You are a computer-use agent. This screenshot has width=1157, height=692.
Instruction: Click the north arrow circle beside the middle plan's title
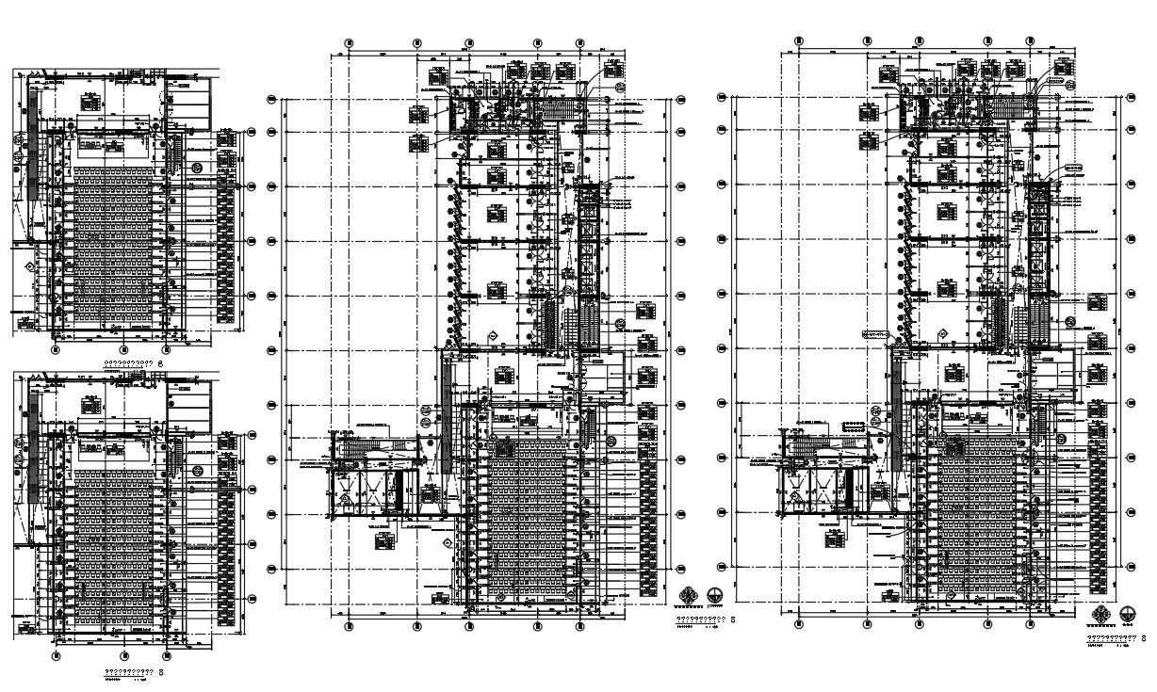tap(716, 594)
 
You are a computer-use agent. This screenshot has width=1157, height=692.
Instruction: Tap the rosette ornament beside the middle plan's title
tap(689, 594)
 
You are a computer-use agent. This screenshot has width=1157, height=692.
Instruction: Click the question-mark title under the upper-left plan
tap(129, 362)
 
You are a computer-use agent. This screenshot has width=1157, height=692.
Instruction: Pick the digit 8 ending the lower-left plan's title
tap(161, 673)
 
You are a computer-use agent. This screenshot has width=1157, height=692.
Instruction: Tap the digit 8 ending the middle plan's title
tap(733, 620)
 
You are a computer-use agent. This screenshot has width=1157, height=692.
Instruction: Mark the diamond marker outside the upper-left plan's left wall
tap(29, 267)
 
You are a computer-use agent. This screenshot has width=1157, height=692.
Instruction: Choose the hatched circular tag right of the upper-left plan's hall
tap(197, 168)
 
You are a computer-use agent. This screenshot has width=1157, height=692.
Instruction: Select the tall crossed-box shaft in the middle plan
tap(590, 239)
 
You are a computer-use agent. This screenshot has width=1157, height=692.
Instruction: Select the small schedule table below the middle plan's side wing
tap(383, 540)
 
